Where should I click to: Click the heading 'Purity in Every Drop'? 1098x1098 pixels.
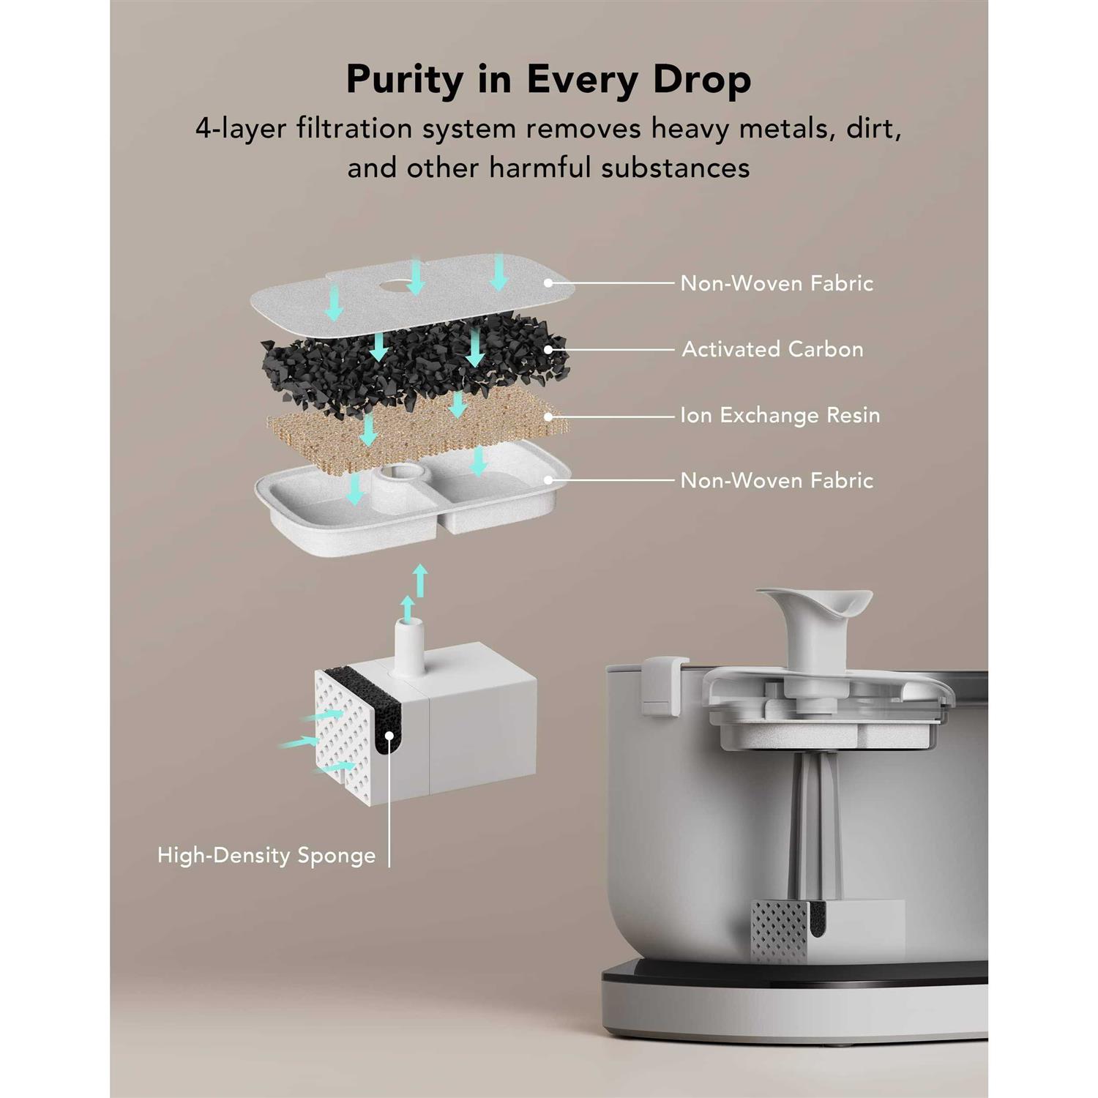[x=548, y=80]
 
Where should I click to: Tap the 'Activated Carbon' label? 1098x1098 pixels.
[x=772, y=349]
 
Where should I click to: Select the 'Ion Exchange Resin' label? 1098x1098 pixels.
[x=780, y=415]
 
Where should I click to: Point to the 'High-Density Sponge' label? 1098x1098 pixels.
[x=266, y=855]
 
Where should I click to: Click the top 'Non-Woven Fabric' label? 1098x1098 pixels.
[x=777, y=283]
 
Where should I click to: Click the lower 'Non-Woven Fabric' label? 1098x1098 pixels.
[x=777, y=480]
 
